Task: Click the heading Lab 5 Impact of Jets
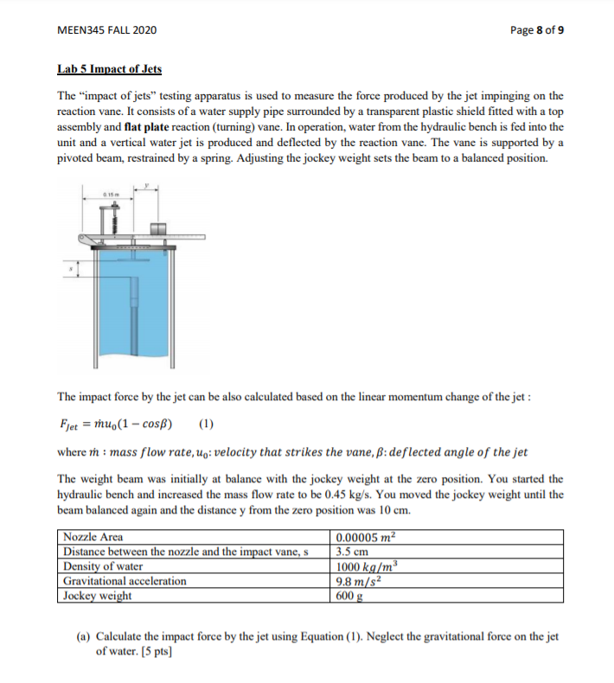[x=109, y=69]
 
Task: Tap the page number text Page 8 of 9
[x=537, y=30]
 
